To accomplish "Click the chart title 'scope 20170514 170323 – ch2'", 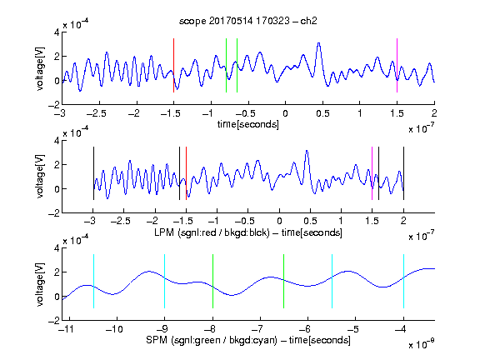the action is tap(248, 21).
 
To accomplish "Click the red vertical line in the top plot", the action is tap(173, 65).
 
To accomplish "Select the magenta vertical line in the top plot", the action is tap(397, 65).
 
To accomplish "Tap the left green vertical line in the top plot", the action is tap(226, 65).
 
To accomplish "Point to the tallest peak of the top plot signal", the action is tap(319, 43).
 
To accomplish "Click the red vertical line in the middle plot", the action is tap(186, 173).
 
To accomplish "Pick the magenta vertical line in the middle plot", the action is tap(372, 173).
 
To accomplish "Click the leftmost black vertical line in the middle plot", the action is tap(93, 173).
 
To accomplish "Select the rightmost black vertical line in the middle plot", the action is tap(403, 173).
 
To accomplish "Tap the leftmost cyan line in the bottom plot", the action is tap(93, 281).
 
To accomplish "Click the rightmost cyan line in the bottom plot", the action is tap(403, 281).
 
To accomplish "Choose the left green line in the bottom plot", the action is tap(212, 281).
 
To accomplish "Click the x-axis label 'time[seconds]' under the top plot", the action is tap(248, 124).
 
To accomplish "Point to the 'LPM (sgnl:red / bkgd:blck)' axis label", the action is tap(212, 232).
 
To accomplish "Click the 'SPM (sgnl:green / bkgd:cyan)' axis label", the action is tap(212, 340).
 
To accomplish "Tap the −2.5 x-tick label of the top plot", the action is tap(97, 113).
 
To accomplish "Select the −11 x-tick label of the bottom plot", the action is tap(67, 329).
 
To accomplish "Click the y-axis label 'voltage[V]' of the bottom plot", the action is tap(40, 284).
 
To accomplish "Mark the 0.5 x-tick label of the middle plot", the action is tap(310, 220).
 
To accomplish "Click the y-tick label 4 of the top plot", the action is tap(57, 32).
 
